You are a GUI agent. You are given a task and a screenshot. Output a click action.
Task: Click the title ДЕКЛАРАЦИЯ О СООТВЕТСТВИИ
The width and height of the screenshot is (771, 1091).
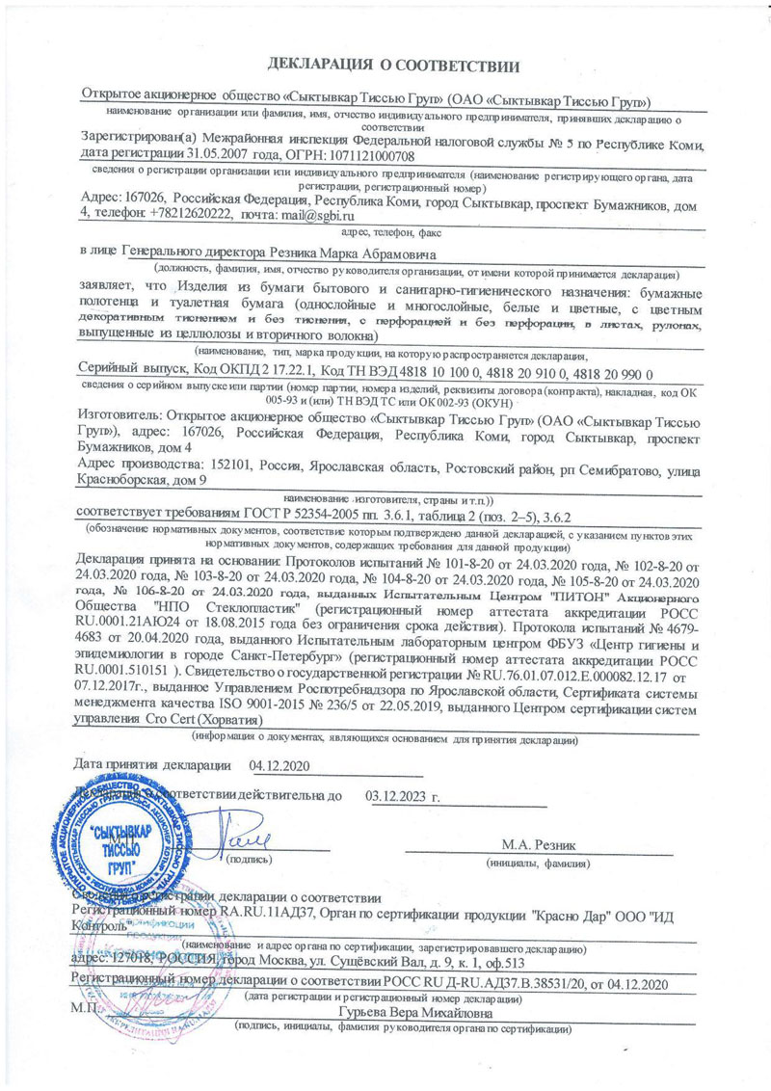click(393, 66)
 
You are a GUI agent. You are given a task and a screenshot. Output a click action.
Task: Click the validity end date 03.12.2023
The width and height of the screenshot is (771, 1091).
click(396, 797)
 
